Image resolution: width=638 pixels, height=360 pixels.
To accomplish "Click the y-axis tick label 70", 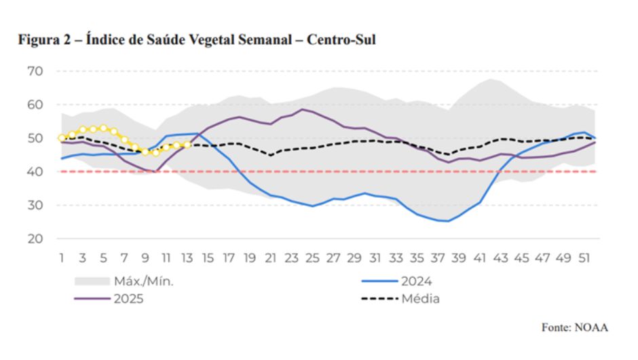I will click(x=35, y=71).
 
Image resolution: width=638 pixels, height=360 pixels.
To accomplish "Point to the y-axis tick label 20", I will click(x=35, y=239).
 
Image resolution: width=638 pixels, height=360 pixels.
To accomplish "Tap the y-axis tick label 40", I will click(x=35, y=172).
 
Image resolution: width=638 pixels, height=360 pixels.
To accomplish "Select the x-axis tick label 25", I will click(x=312, y=258).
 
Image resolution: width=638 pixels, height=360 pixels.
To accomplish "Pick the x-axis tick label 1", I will click(x=62, y=258).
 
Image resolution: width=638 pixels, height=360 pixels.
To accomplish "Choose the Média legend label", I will click(x=421, y=299).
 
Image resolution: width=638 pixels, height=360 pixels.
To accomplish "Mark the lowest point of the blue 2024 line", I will click(x=448, y=221).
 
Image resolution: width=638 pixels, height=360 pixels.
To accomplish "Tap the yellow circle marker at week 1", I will click(x=62, y=138).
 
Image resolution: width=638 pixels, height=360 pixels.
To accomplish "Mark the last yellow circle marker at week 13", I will click(x=187, y=144).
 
